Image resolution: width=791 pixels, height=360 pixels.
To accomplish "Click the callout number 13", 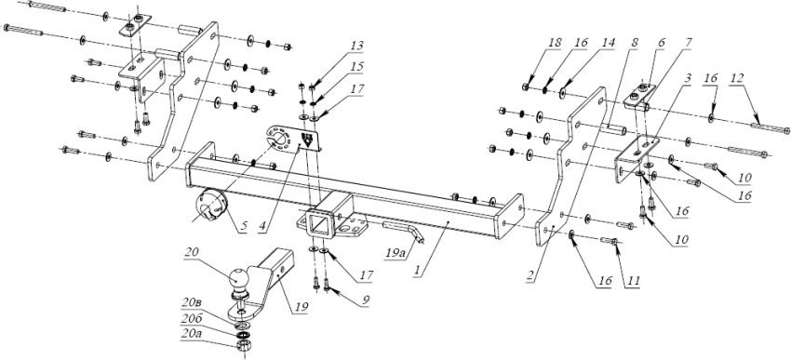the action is point(356,47).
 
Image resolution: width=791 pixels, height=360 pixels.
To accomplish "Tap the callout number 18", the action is point(555,43).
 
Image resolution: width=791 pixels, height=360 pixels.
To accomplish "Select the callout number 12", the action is point(737,78).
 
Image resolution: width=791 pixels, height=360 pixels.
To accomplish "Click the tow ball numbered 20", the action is point(239,277).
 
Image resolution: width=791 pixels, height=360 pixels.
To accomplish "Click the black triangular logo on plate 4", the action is point(306,140).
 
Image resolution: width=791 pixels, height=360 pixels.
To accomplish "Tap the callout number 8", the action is point(634,43).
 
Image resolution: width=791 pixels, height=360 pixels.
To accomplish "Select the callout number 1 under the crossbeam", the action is point(417,271).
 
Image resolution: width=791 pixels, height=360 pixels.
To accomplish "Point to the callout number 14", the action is point(609,43).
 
